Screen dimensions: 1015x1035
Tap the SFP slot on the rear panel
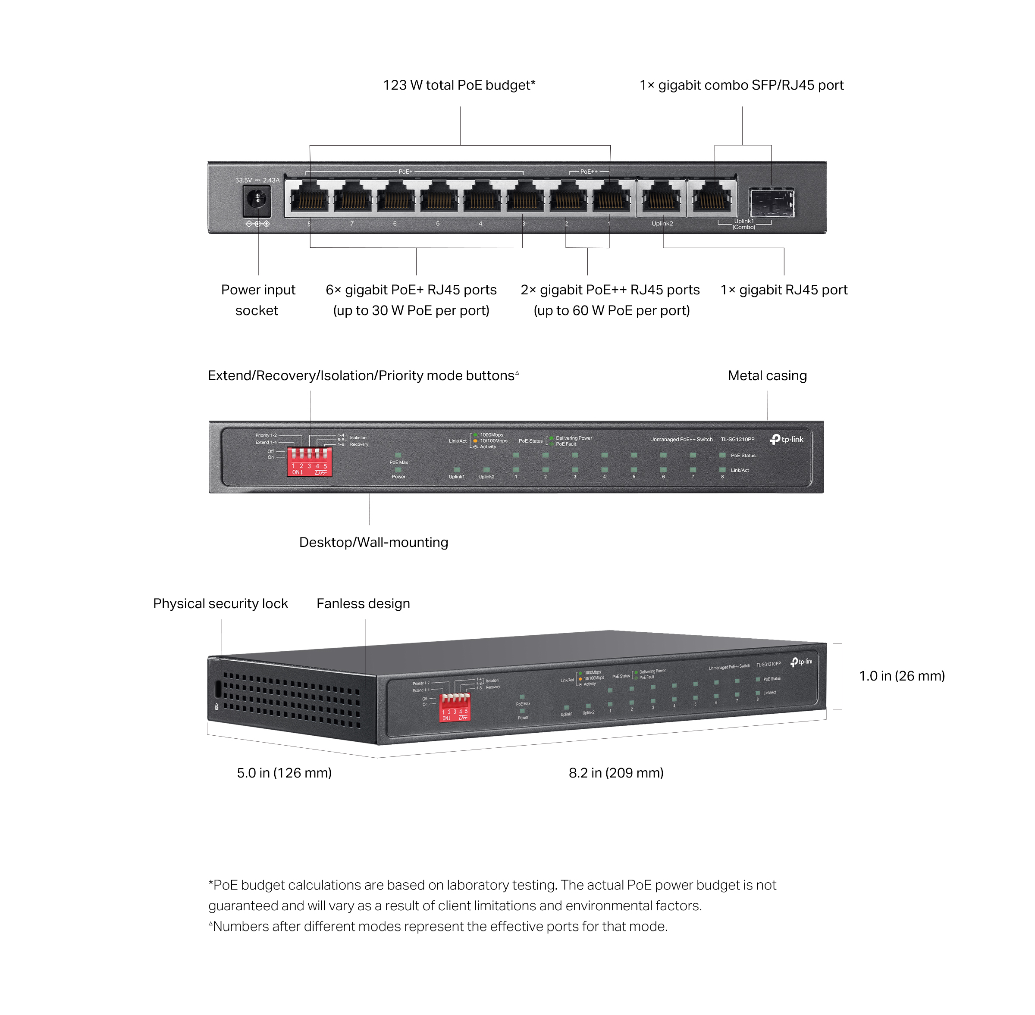(772, 202)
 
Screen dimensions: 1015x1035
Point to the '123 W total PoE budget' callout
(459, 85)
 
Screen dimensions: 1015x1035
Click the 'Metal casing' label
(767, 376)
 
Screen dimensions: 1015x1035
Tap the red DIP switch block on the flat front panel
(310, 462)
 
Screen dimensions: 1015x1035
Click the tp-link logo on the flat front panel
(787, 439)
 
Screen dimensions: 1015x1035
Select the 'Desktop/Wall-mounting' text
(373, 542)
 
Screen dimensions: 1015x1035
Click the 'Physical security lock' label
(220, 603)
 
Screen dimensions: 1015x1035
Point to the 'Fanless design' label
(363, 603)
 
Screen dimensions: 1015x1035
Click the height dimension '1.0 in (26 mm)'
(902, 676)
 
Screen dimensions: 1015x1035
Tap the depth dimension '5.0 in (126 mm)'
(284, 773)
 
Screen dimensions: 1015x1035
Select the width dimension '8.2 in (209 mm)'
(616, 773)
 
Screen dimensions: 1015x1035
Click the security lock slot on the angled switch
(217, 688)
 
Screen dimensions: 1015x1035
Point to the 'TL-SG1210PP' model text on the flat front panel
(737, 439)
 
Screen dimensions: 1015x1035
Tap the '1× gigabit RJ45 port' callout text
(784, 290)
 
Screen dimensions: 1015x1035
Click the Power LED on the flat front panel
(398, 470)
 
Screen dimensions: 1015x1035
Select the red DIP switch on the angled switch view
(455, 707)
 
